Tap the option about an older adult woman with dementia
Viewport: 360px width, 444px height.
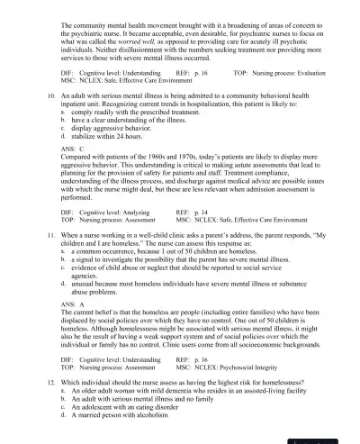180,389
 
